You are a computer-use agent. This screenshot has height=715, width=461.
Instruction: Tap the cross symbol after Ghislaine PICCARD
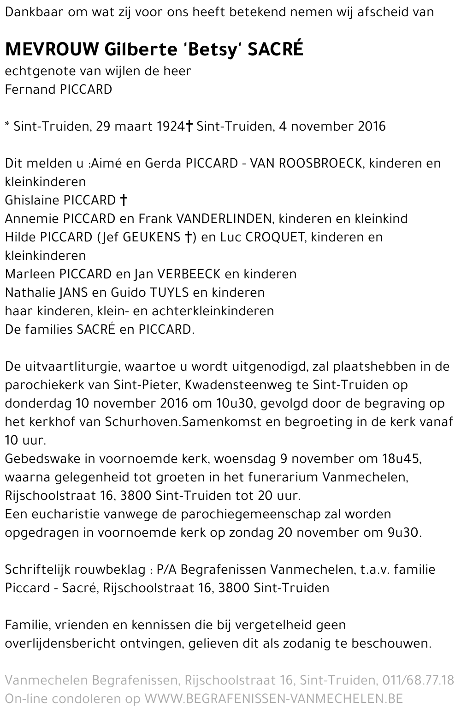(123, 200)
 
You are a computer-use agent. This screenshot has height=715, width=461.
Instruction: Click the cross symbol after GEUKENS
(188, 237)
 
